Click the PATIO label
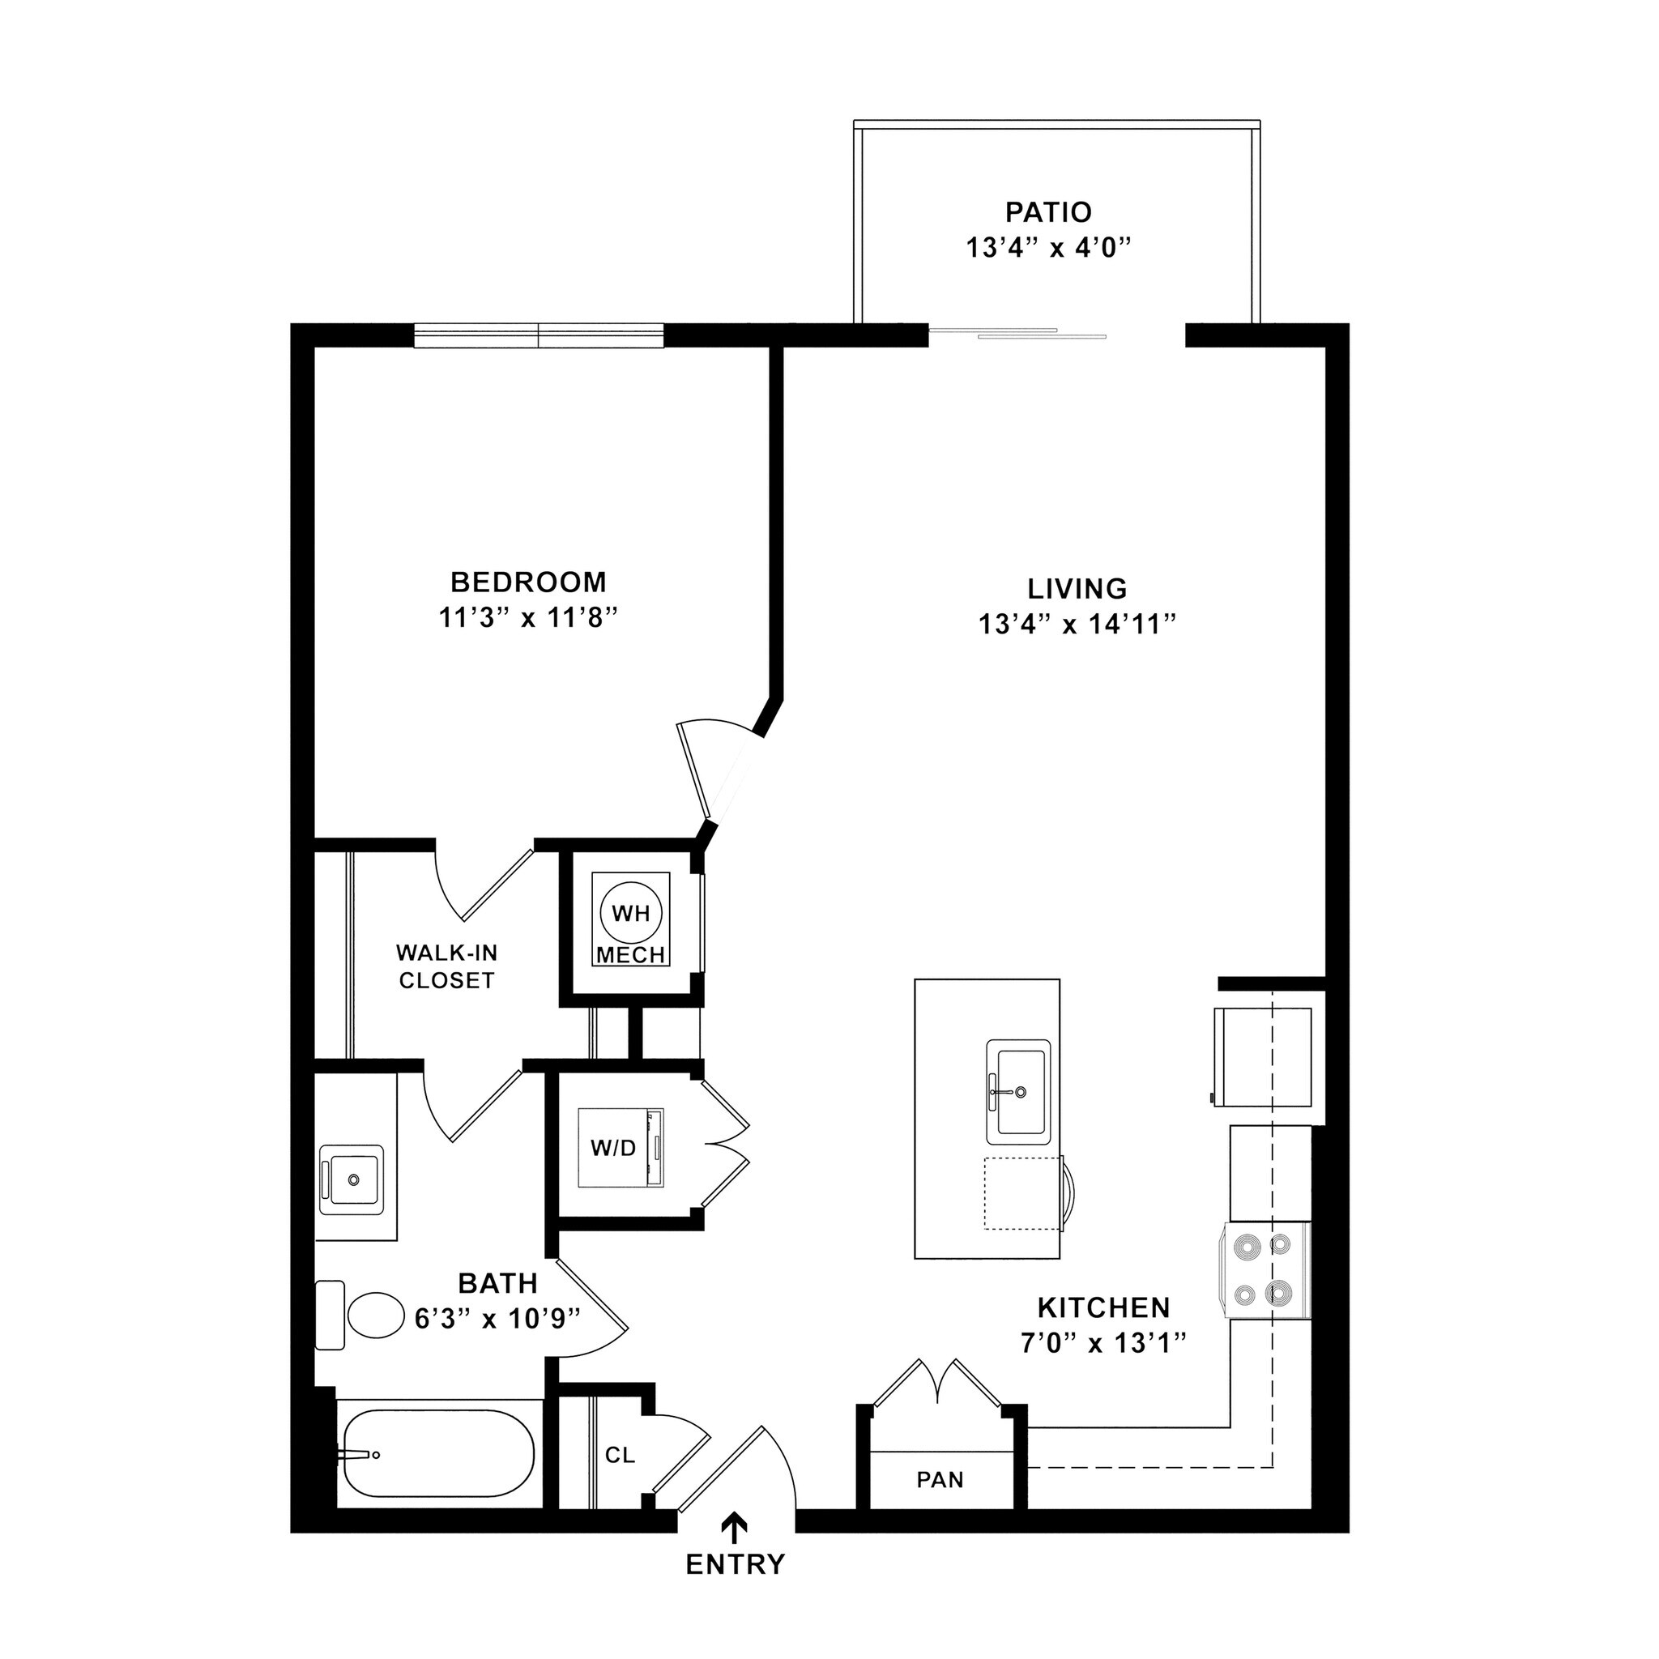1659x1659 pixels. tap(1048, 211)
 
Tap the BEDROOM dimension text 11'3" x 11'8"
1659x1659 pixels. tap(528, 617)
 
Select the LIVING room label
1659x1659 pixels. tap(1077, 588)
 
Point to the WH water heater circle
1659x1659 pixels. tap(631, 913)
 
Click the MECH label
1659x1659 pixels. tap(631, 955)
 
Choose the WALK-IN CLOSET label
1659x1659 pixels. tap(446, 966)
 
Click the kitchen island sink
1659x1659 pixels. tap(1017, 1091)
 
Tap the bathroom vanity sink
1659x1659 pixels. tap(352, 1179)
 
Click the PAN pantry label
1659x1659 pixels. tap(940, 1479)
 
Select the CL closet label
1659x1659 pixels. tap(620, 1455)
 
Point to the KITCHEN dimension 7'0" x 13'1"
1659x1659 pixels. tap(1103, 1343)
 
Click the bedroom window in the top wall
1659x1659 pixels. tap(539, 335)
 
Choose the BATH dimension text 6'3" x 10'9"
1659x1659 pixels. tap(497, 1318)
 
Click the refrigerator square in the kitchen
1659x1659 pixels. tap(1262, 1057)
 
